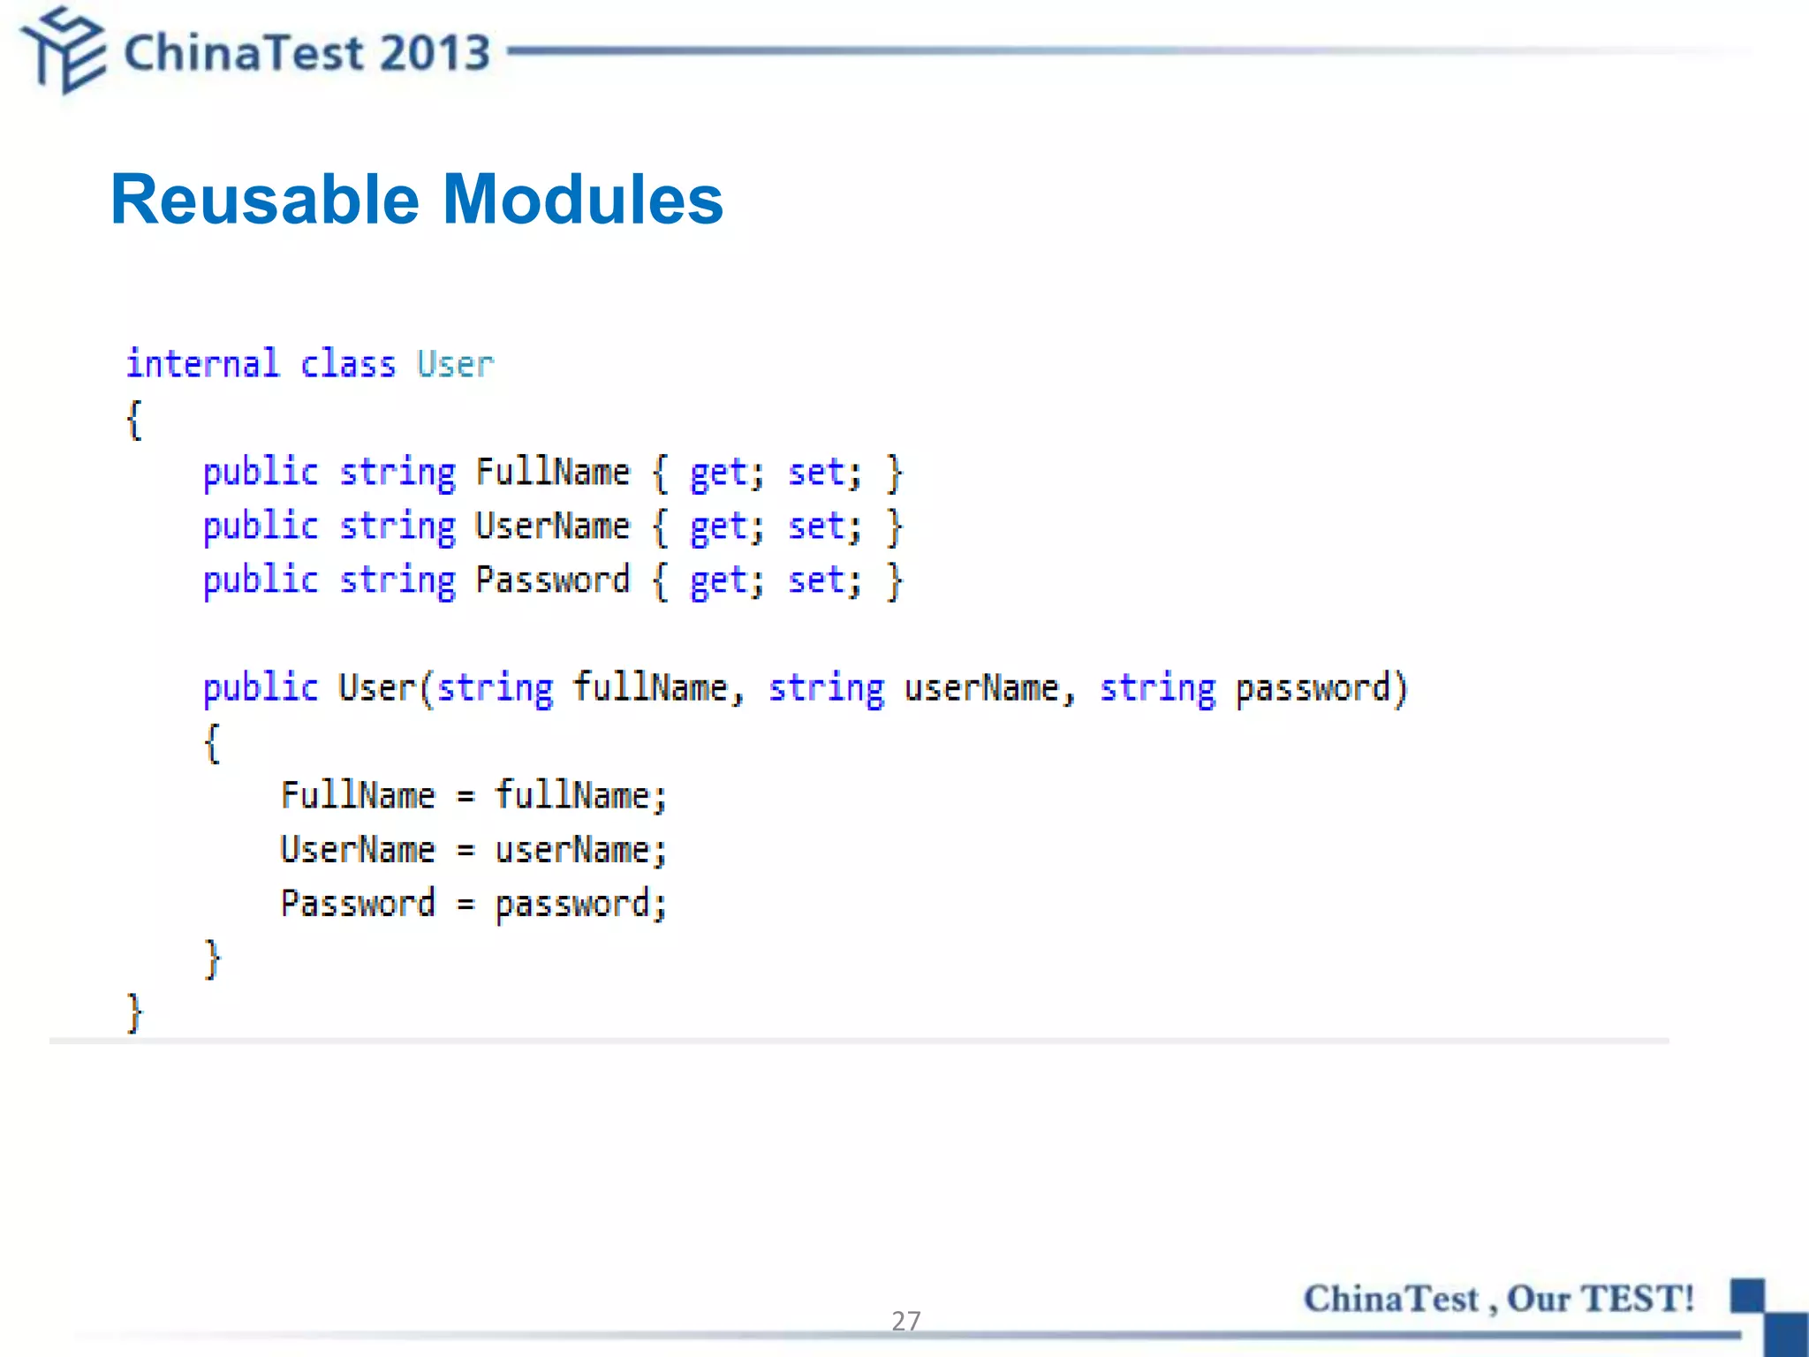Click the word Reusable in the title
pyautogui.click(x=265, y=201)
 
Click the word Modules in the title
pyautogui.click(x=582, y=201)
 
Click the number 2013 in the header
pyautogui.click(x=435, y=53)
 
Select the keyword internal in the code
pyautogui.click(x=202, y=364)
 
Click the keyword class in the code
pyautogui.click(x=348, y=364)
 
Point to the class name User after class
pyautogui.click(x=455, y=364)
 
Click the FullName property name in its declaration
pyautogui.click(x=553, y=472)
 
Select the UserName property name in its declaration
pyautogui.click(x=553, y=526)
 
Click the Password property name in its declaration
pyautogui.click(x=553, y=580)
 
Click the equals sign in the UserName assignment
pyautogui.click(x=465, y=850)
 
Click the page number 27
pyautogui.click(x=905, y=1321)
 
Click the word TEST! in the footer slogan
pyautogui.click(x=1637, y=1299)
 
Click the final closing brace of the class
pyautogui.click(x=134, y=1012)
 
